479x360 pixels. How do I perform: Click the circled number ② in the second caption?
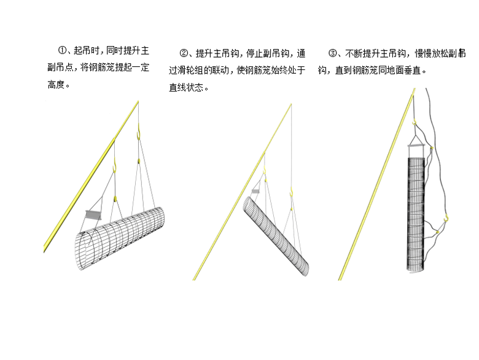[184, 53]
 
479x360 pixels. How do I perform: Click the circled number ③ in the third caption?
[332, 53]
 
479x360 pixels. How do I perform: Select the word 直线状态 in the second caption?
[188, 87]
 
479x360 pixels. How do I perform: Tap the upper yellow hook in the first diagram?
[139, 132]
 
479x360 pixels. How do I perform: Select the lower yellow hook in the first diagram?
[115, 165]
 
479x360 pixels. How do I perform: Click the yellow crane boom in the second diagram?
[240, 197]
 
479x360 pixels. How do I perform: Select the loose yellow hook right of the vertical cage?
[448, 217]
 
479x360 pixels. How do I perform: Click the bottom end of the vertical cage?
[416, 267]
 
